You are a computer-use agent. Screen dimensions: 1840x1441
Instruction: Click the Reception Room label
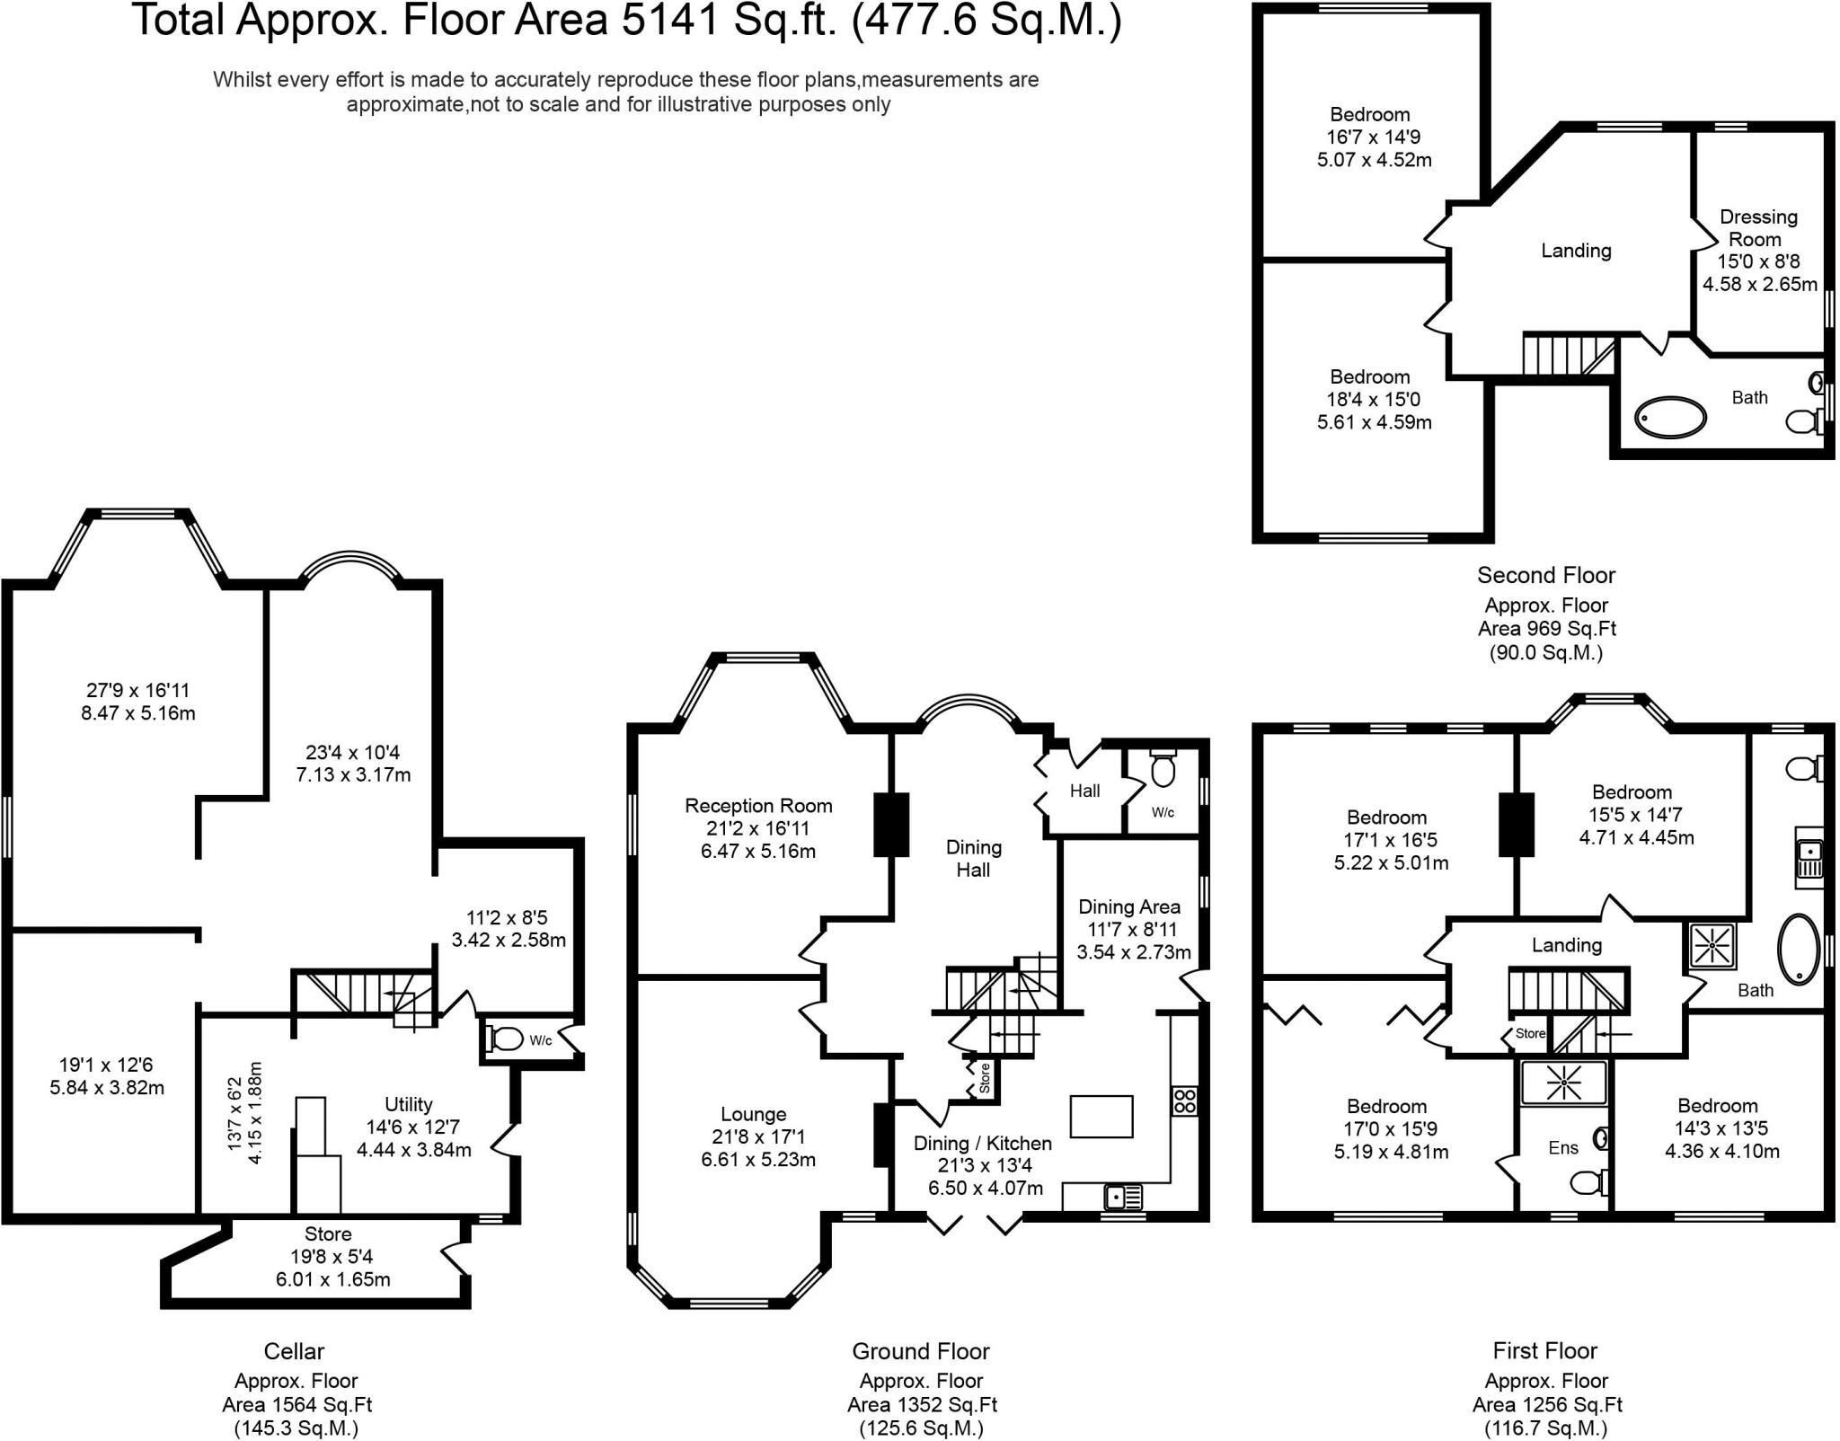(758, 806)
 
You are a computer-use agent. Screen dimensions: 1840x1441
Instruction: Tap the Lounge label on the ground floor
(753, 1114)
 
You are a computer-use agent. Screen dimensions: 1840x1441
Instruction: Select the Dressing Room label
(1757, 228)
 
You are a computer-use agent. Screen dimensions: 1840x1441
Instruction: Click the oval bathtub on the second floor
(1670, 418)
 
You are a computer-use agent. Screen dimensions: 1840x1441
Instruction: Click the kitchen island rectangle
(1101, 1117)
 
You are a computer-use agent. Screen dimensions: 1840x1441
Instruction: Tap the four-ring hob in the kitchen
(1184, 1101)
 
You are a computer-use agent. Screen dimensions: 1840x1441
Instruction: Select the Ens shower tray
(1563, 1083)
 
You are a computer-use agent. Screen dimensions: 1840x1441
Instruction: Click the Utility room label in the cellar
(408, 1104)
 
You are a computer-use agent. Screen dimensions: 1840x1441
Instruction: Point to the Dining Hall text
(973, 858)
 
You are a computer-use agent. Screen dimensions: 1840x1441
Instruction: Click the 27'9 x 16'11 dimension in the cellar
(138, 690)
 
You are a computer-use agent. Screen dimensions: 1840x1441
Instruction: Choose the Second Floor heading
(1546, 575)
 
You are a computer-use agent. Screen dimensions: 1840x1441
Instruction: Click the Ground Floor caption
(921, 1351)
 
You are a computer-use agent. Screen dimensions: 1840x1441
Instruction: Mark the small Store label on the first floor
(1530, 1034)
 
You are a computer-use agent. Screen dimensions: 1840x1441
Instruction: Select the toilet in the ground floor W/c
(1163, 767)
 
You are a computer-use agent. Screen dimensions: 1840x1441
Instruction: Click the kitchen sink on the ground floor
(1123, 1198)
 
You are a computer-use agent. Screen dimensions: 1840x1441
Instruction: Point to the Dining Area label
(1129, 906)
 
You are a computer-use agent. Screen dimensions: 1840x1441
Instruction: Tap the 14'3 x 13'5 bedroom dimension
(1721, 1128)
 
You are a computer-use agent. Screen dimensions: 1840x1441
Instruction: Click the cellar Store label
(328, 1233)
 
